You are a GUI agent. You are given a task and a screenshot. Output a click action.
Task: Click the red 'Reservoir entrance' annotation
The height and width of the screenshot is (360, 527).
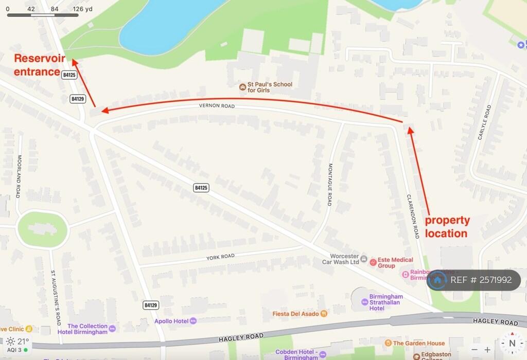pyautogui.click(x=39, y=65)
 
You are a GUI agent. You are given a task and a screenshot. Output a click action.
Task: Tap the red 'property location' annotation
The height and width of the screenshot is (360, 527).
pyautogui.click(x=447, y=227)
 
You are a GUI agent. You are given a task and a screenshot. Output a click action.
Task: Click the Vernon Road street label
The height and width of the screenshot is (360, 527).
pyautogui.click(x=217, y=106)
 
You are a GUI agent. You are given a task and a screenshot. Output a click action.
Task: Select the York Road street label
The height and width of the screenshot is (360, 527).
pyautogui.click(x=220, y=257)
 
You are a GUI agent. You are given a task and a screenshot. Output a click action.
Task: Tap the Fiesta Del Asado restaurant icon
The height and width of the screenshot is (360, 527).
pyautogui.click(x=324, y=313)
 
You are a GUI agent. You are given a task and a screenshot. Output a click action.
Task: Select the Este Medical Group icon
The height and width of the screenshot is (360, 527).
pyautogui.click(x=373, y=262)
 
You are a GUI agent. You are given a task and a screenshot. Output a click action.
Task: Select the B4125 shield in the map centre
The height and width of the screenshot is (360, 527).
pyautogui.click(x=201, y=188)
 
